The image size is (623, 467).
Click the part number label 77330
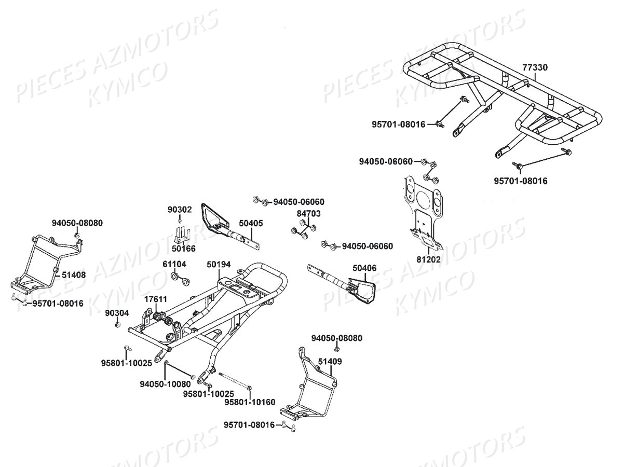535,67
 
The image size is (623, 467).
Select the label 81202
428,258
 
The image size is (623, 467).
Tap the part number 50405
251,223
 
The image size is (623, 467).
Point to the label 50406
364,268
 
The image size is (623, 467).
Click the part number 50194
218,265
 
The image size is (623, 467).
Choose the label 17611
155,299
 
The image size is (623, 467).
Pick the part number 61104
174,265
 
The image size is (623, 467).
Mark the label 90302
180,210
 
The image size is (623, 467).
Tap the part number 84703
308,213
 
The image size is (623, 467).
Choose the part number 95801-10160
250,402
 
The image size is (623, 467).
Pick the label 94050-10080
165,384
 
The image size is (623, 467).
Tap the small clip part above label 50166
180,235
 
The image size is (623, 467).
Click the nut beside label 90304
118,324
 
